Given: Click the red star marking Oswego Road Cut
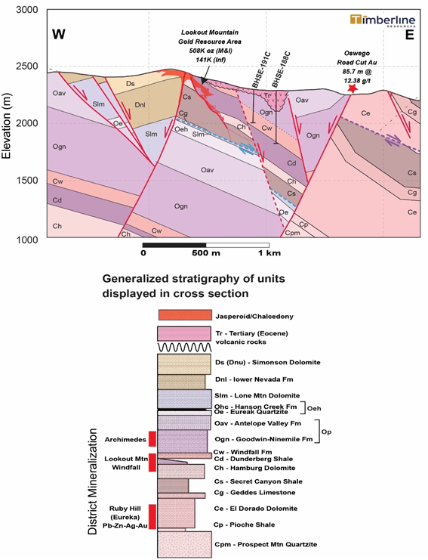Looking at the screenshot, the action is (353, 88).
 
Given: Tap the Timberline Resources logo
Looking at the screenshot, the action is (383, 20).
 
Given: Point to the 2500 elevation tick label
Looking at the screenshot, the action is (27, 66).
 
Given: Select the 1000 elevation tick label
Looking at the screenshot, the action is (27, 240).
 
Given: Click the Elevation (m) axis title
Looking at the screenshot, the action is (7, 126).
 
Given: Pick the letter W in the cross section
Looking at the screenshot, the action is (59, 35).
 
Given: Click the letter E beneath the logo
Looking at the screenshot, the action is (409, 35).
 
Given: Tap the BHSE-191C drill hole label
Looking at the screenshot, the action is (261, 70).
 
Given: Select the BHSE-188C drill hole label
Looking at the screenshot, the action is (281, 70).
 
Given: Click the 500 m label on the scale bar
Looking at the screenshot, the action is (206, 253).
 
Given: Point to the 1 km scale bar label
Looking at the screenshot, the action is (269, 253).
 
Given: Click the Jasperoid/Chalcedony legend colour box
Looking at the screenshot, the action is (185, 315).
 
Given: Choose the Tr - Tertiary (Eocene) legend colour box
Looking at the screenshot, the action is (184, 333).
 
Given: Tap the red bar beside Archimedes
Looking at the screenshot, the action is (152, 439).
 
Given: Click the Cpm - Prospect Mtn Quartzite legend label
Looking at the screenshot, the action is (266, 544).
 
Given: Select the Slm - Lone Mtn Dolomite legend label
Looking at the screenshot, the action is (257, 395).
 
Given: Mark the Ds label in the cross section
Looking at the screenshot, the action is (131, 84).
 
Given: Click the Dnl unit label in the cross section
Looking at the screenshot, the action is (140, 104).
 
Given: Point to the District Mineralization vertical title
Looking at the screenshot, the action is (93, 481).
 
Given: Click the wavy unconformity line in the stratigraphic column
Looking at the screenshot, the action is (184, 347).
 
